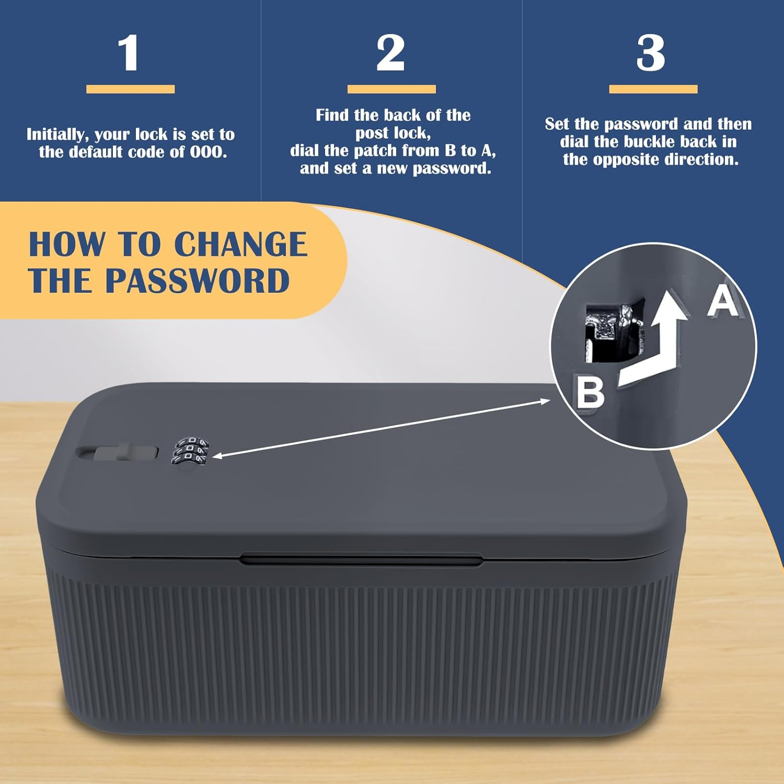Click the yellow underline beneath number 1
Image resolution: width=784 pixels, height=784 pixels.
tap(130, 89)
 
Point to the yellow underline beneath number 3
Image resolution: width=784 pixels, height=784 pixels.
tap(653, 89)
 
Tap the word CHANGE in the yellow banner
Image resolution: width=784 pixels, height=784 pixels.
tap(240, 244)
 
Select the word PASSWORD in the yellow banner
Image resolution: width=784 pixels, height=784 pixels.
tap(198, 281)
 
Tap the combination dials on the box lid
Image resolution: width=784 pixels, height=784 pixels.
tap(189, 450)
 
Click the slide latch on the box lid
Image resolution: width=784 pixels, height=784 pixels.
tap(118, 453)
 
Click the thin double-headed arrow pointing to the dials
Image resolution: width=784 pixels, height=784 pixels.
tap(381, 428)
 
